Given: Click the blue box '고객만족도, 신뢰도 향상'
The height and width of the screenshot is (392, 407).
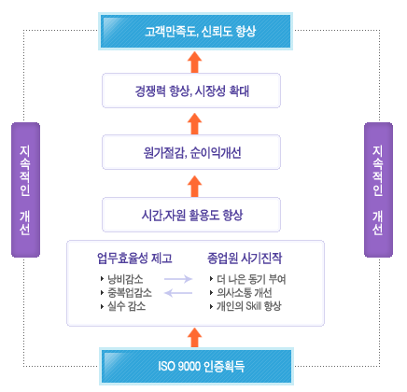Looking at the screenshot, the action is tap(196, 31).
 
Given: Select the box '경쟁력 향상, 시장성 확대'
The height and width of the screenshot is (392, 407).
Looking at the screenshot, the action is tap(191, 91).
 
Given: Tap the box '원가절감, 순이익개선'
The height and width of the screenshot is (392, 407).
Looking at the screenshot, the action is tap(191, 152).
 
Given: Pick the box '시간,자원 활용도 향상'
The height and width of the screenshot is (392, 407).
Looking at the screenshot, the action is tap(191, 215).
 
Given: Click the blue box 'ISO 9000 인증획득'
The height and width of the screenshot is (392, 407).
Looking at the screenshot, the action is tap(196, 366).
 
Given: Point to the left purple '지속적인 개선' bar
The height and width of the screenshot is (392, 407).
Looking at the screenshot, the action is tap(25, 189).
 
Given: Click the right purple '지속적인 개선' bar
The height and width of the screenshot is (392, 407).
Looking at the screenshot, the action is tap(378, 189).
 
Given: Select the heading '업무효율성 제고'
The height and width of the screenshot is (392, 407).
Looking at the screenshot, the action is tap(134, 259).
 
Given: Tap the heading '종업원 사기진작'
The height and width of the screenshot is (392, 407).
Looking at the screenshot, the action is tap(245, 259).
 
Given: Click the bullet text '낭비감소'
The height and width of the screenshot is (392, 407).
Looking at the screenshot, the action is tap(125, 279).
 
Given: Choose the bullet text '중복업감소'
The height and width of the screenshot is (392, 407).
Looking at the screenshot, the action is tap(130, 292).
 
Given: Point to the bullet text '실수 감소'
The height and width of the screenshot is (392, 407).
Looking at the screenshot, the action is tap(127, 306).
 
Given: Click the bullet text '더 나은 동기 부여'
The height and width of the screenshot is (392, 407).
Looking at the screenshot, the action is tap(251, 279).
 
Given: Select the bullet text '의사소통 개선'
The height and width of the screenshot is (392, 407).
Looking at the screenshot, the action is tap(245, 292).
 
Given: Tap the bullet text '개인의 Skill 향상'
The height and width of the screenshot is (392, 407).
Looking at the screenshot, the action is tap(249, 306).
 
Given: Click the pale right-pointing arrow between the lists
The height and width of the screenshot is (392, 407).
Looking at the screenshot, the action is tap(178, 279).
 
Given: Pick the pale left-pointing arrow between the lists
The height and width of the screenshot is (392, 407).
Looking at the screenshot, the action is tap(178, 293).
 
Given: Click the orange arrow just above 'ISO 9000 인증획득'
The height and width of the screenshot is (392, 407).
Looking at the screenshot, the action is tap(195, 337).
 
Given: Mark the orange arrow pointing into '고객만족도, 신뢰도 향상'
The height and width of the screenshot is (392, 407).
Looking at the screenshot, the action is tap(195, 63).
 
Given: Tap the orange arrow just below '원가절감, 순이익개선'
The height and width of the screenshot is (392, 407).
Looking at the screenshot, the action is tap(195, 186).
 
